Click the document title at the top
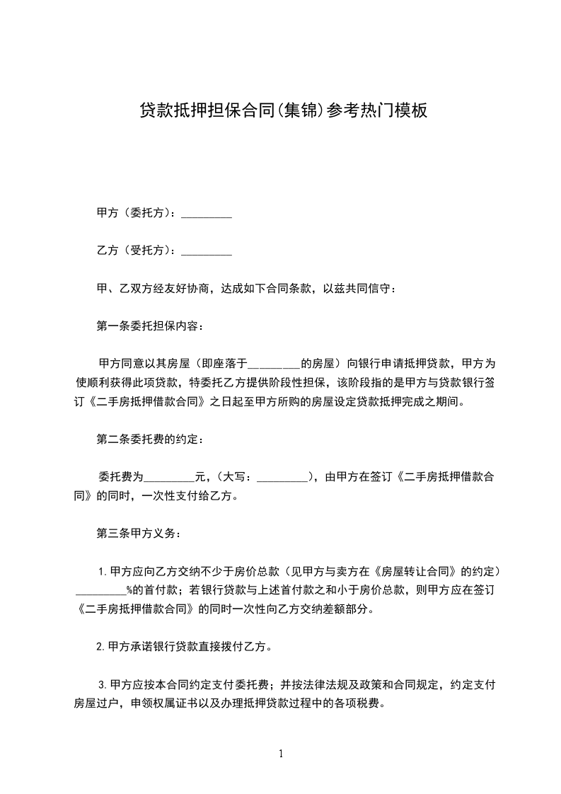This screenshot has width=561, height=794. pos(283,111)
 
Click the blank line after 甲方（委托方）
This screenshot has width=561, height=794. pos(207,213)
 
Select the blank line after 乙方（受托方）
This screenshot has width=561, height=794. pos(207,251)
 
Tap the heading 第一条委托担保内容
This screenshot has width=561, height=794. pos(150,326)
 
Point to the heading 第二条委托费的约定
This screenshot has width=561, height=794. pos(150,439)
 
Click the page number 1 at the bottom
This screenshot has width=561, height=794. pos(281,754)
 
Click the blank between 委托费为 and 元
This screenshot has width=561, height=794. pos(169,477)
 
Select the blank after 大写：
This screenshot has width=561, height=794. pos(283,477)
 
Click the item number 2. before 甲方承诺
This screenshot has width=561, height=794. pos(102,647)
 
